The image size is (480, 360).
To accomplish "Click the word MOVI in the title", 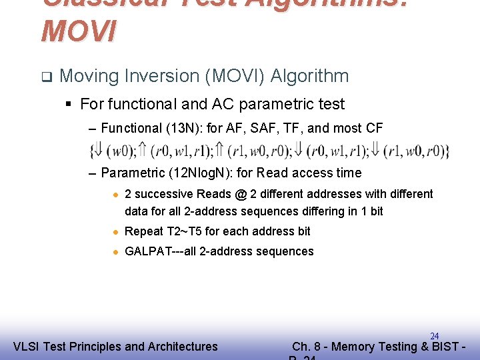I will pyautogui.click(x=79, y=31).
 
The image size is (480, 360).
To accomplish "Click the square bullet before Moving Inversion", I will pyautogui.click(x=45, y=76).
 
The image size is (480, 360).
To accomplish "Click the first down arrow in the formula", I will pyautogui.click(x=97, y=151).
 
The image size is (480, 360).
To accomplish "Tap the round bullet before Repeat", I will pyautogui.click(x=115, y=231).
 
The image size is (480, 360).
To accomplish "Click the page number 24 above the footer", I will pyautogui.click(x=434, y=336).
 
